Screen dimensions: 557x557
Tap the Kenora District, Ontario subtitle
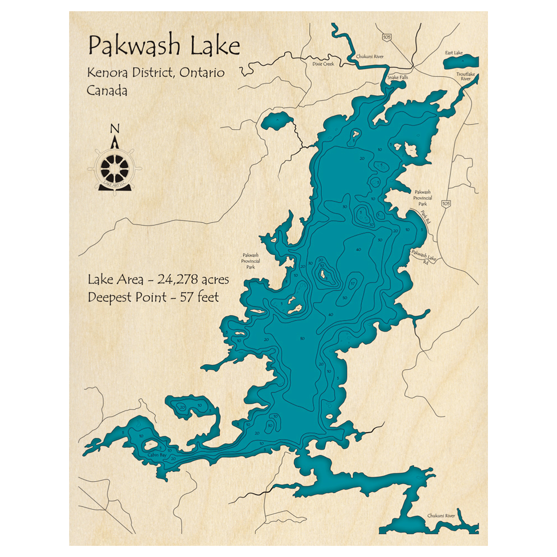[x=155, y=73]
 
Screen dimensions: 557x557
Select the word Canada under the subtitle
[x=107, y=90]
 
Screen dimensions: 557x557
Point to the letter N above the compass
[x=115, y=129]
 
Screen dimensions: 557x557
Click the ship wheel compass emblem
[x=115, y=166]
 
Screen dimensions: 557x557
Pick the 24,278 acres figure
[x=193, y=279]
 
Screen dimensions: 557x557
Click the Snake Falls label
[x=398, y=77]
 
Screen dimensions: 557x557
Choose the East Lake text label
[x=453, y=53]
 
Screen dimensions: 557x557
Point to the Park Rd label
[x=426, y=217]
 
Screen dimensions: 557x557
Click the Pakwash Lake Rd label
[x=424, y=256]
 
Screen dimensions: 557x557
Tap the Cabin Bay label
[x=157, y=455]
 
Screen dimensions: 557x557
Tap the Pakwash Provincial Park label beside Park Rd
[x=422, y=198]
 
